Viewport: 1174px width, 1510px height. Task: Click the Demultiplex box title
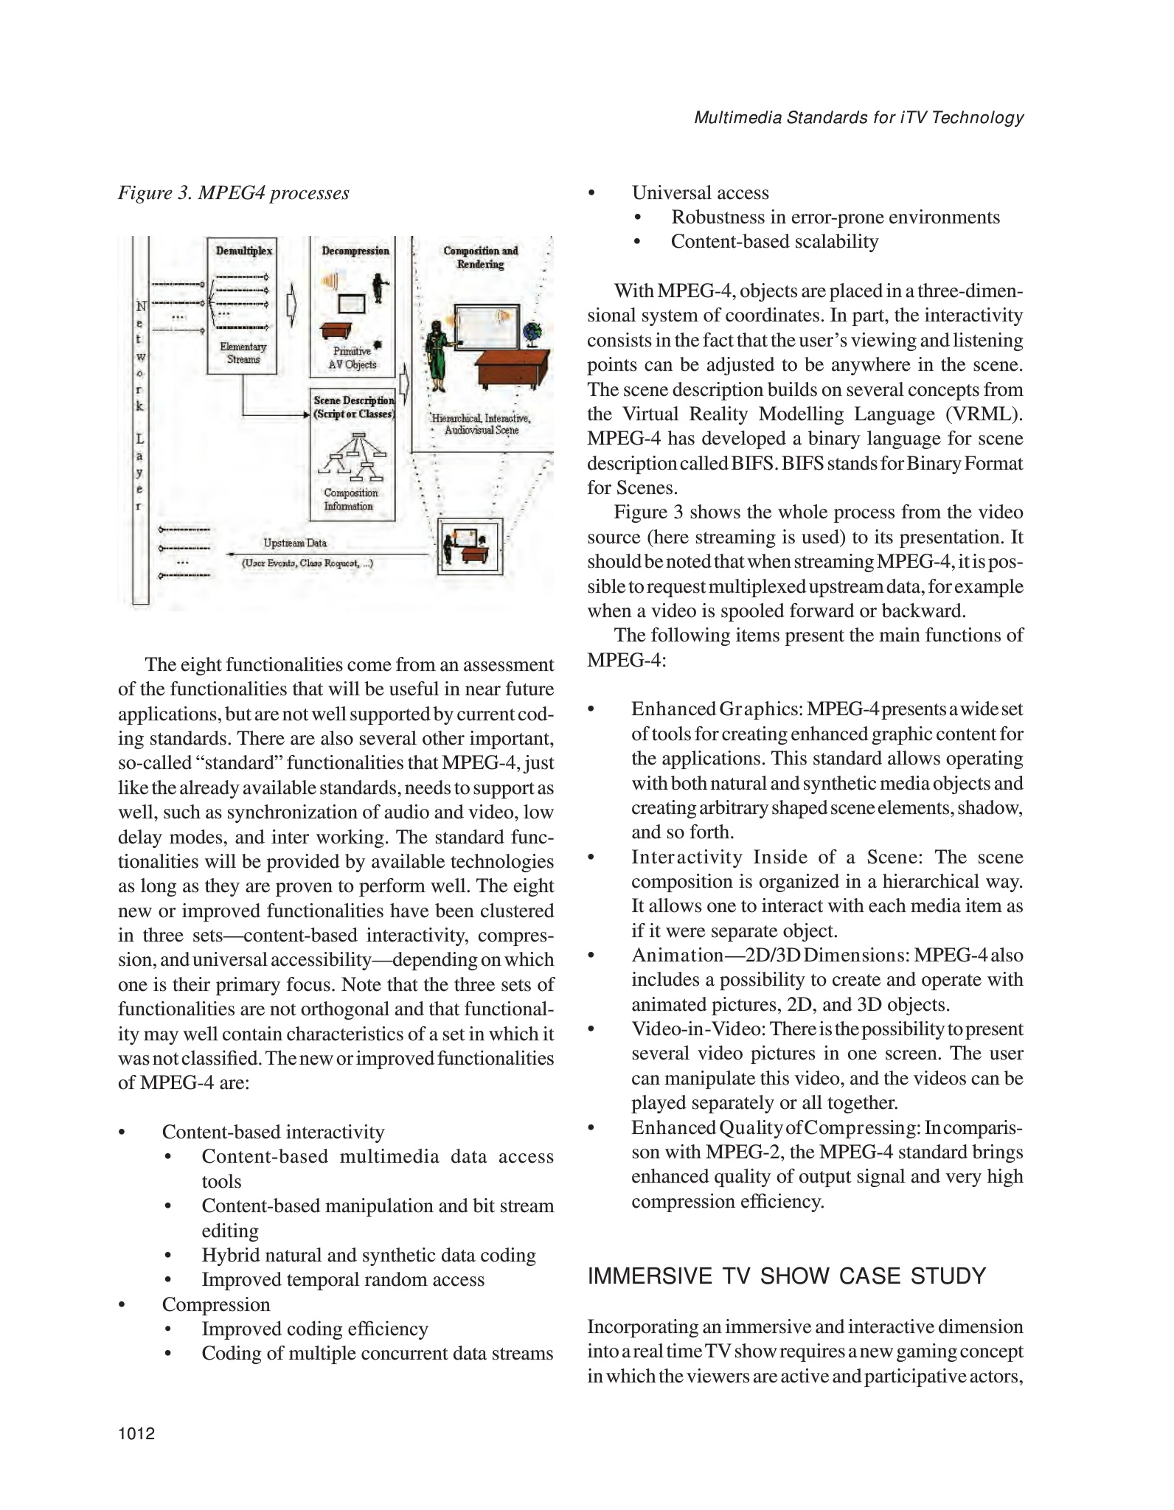point(243,251)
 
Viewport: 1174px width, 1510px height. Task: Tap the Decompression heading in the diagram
point(355,251)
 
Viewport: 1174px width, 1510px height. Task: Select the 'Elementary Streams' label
point(243,353)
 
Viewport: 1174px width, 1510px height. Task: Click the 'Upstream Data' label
point(295,543)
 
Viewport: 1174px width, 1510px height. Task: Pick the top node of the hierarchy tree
point(359,434)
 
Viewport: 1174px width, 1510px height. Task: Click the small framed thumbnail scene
point(470,546)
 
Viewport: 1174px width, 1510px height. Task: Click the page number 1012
point(136,1434)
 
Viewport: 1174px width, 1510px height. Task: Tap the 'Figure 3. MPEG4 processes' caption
point(234,193)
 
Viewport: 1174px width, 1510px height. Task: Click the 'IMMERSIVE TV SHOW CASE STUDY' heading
point(786,1276)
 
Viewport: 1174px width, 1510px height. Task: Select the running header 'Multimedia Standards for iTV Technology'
point(858,118)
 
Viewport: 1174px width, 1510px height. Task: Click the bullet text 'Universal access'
point(700,193)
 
